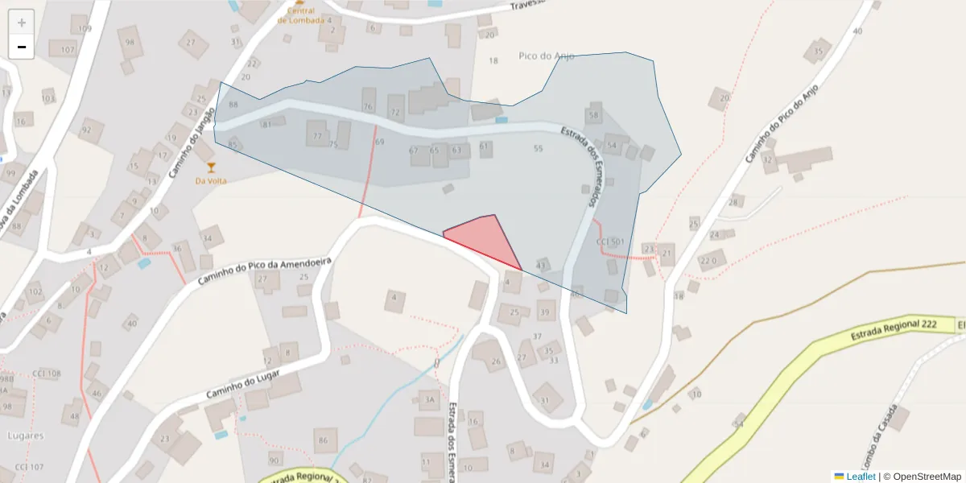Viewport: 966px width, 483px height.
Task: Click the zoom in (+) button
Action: click(x=22, y=23)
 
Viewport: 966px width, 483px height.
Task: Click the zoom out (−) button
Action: click(x=22, y=47)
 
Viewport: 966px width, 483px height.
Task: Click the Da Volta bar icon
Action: click(x=212, y=167)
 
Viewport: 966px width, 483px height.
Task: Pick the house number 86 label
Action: click(x=323, y=440)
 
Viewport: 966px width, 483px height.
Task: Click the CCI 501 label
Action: click(x=609, y=242)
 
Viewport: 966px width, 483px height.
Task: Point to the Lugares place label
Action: click(x=24, y=436)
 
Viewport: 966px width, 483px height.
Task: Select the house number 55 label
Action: click(x=538, y=148)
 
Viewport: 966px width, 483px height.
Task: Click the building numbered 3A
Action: click(x=429, y=399)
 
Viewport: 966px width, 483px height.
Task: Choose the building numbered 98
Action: click(x=130, y=42)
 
